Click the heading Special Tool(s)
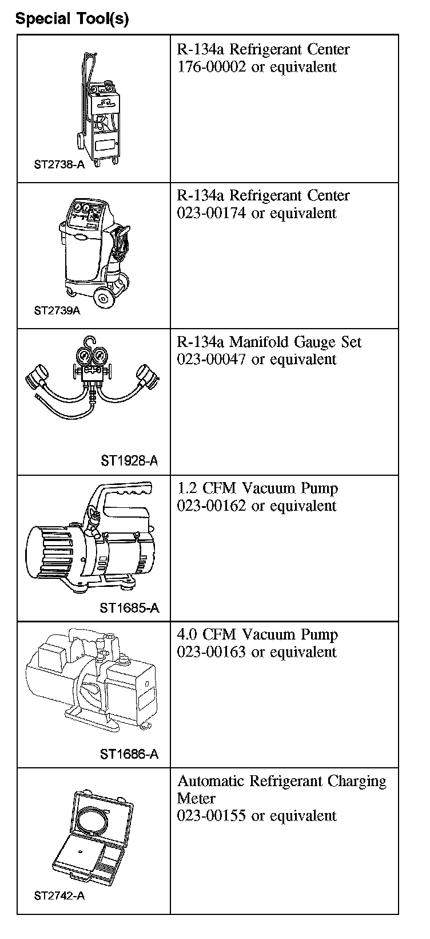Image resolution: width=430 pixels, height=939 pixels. pyautogui.click(x=72, y=19)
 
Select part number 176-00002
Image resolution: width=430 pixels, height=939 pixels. pyautogui.click(x=212, y=67)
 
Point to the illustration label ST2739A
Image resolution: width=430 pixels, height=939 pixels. pyautogui.click(x=57, y=311)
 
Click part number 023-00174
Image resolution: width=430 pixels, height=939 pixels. pyautogui.click(x=212, y=214)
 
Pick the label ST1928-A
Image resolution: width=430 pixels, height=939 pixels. pyautogui.click(x=129, y=460)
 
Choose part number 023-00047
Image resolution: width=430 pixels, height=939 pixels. pyautogui.click(x=212, y=360)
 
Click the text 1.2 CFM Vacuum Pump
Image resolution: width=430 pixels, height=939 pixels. pyautogui.click(x=257, y=489)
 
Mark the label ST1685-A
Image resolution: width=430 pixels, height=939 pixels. pyautogui.click(x=129, y=607)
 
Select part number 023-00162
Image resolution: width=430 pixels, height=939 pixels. pyautogui.click(x=212, y=506)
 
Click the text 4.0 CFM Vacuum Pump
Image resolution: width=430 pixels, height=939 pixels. pyautogui.click(x=257, y=635)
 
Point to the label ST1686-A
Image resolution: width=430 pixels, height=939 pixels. pyautogui.click(x=129, y=754)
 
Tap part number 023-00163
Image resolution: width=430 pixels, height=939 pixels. pyautogui.click(x=212, y=652)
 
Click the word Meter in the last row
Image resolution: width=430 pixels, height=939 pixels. pyautogui.click(x=196, y=799)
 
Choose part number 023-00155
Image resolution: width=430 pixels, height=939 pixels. pyautogui.click(x=212, y=816)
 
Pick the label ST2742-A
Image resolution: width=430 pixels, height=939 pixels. pyautogui.click(x=59, y=895)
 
